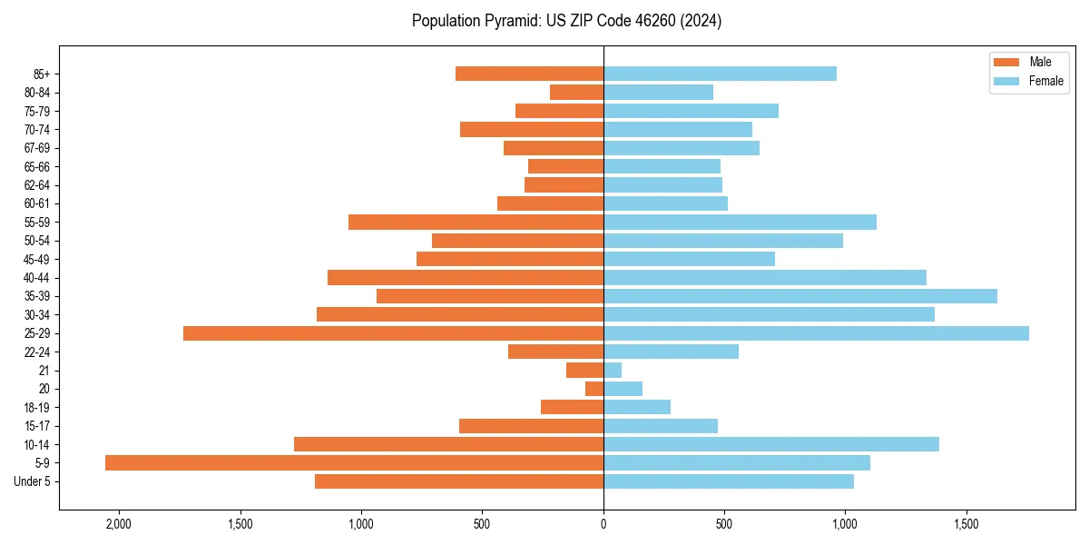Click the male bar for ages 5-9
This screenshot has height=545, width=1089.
354,462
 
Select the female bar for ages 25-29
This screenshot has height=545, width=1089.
816,333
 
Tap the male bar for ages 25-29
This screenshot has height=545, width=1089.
393,333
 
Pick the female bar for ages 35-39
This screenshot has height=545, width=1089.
800,296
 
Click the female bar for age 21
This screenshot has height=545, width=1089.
613,370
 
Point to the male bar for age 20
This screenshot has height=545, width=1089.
594,389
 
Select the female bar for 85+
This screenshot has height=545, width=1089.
720,74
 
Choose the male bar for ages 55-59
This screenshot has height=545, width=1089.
476,222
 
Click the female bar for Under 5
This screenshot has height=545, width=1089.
728,481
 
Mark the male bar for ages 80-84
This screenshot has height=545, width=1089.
576,92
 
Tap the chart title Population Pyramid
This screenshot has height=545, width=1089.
566,21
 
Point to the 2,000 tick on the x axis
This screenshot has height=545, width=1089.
119,524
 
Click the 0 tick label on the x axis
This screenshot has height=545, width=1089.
603,524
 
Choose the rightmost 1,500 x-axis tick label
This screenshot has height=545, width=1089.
966,524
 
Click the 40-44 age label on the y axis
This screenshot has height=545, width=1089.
36,278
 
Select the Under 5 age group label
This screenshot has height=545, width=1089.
32,481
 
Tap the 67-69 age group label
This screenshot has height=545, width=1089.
36,148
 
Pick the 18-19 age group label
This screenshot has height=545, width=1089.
36,407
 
